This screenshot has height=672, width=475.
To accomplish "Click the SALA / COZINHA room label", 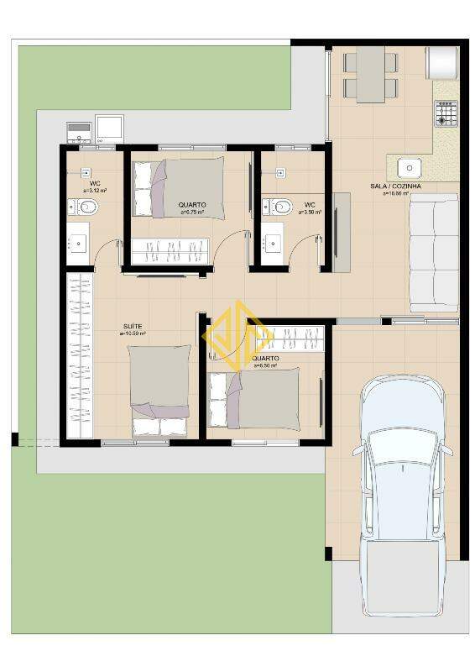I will (x=395, y=186).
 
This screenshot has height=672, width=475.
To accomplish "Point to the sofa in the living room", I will (x=433, y=252).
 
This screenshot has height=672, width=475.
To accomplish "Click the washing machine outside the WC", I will (x=110, y=129).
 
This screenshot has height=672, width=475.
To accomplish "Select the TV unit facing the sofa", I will (x=341, y=233).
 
